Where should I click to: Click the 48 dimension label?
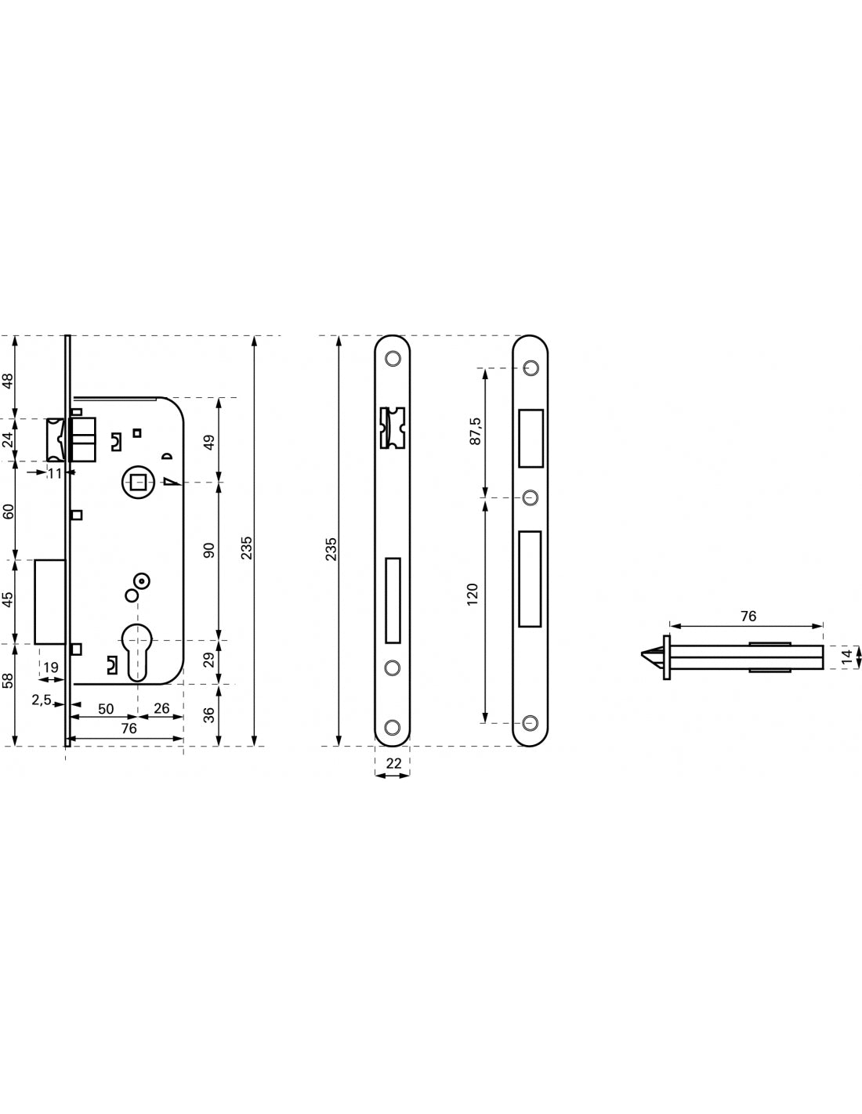click(x=8, y=381)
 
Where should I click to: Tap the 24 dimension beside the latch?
click(x=8, y=439)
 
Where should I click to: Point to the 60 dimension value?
click(x=8, y=511)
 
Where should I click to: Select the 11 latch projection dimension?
click(x=54, y=473)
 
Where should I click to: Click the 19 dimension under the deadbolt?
click(x=51, y=667)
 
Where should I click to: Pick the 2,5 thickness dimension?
click(x=42, y=700)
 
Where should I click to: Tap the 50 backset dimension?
click(x=106, y=709)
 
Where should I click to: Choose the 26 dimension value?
click(x=161, y=708)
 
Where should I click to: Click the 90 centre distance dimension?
click(x=208, y=550)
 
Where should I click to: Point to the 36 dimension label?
click(x=209, y=715)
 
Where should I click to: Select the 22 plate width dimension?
click(x=393, y=763)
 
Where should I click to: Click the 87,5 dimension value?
click(x=476, y=431)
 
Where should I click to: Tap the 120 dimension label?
click(x=473, y=595)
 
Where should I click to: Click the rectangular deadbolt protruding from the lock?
click(x=49, y=602)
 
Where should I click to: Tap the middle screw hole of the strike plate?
click(x=531, y=497)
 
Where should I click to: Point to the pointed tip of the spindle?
click(x=642, y=653)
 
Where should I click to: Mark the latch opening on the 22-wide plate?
click(x=392, y=428)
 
